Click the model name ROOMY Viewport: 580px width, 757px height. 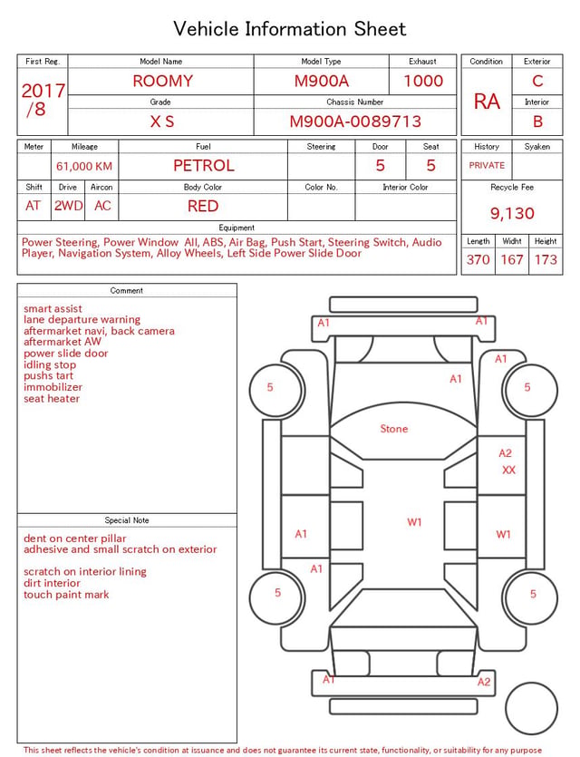(x=162, y=81)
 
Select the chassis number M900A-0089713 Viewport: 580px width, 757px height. (x=355, y=121)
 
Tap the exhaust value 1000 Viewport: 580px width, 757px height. (x=423, y=81)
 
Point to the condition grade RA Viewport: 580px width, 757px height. (x=487, y=102)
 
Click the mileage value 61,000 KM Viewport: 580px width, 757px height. (x=84, y=167)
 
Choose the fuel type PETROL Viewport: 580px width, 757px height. (x=204, y=166)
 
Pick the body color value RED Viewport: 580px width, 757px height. (x=203, y=206)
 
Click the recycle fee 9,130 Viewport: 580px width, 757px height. (x=512, y=213)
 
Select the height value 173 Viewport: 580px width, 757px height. (x=546, y=259)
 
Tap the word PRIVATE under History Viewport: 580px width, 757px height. (x=487, y=165)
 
